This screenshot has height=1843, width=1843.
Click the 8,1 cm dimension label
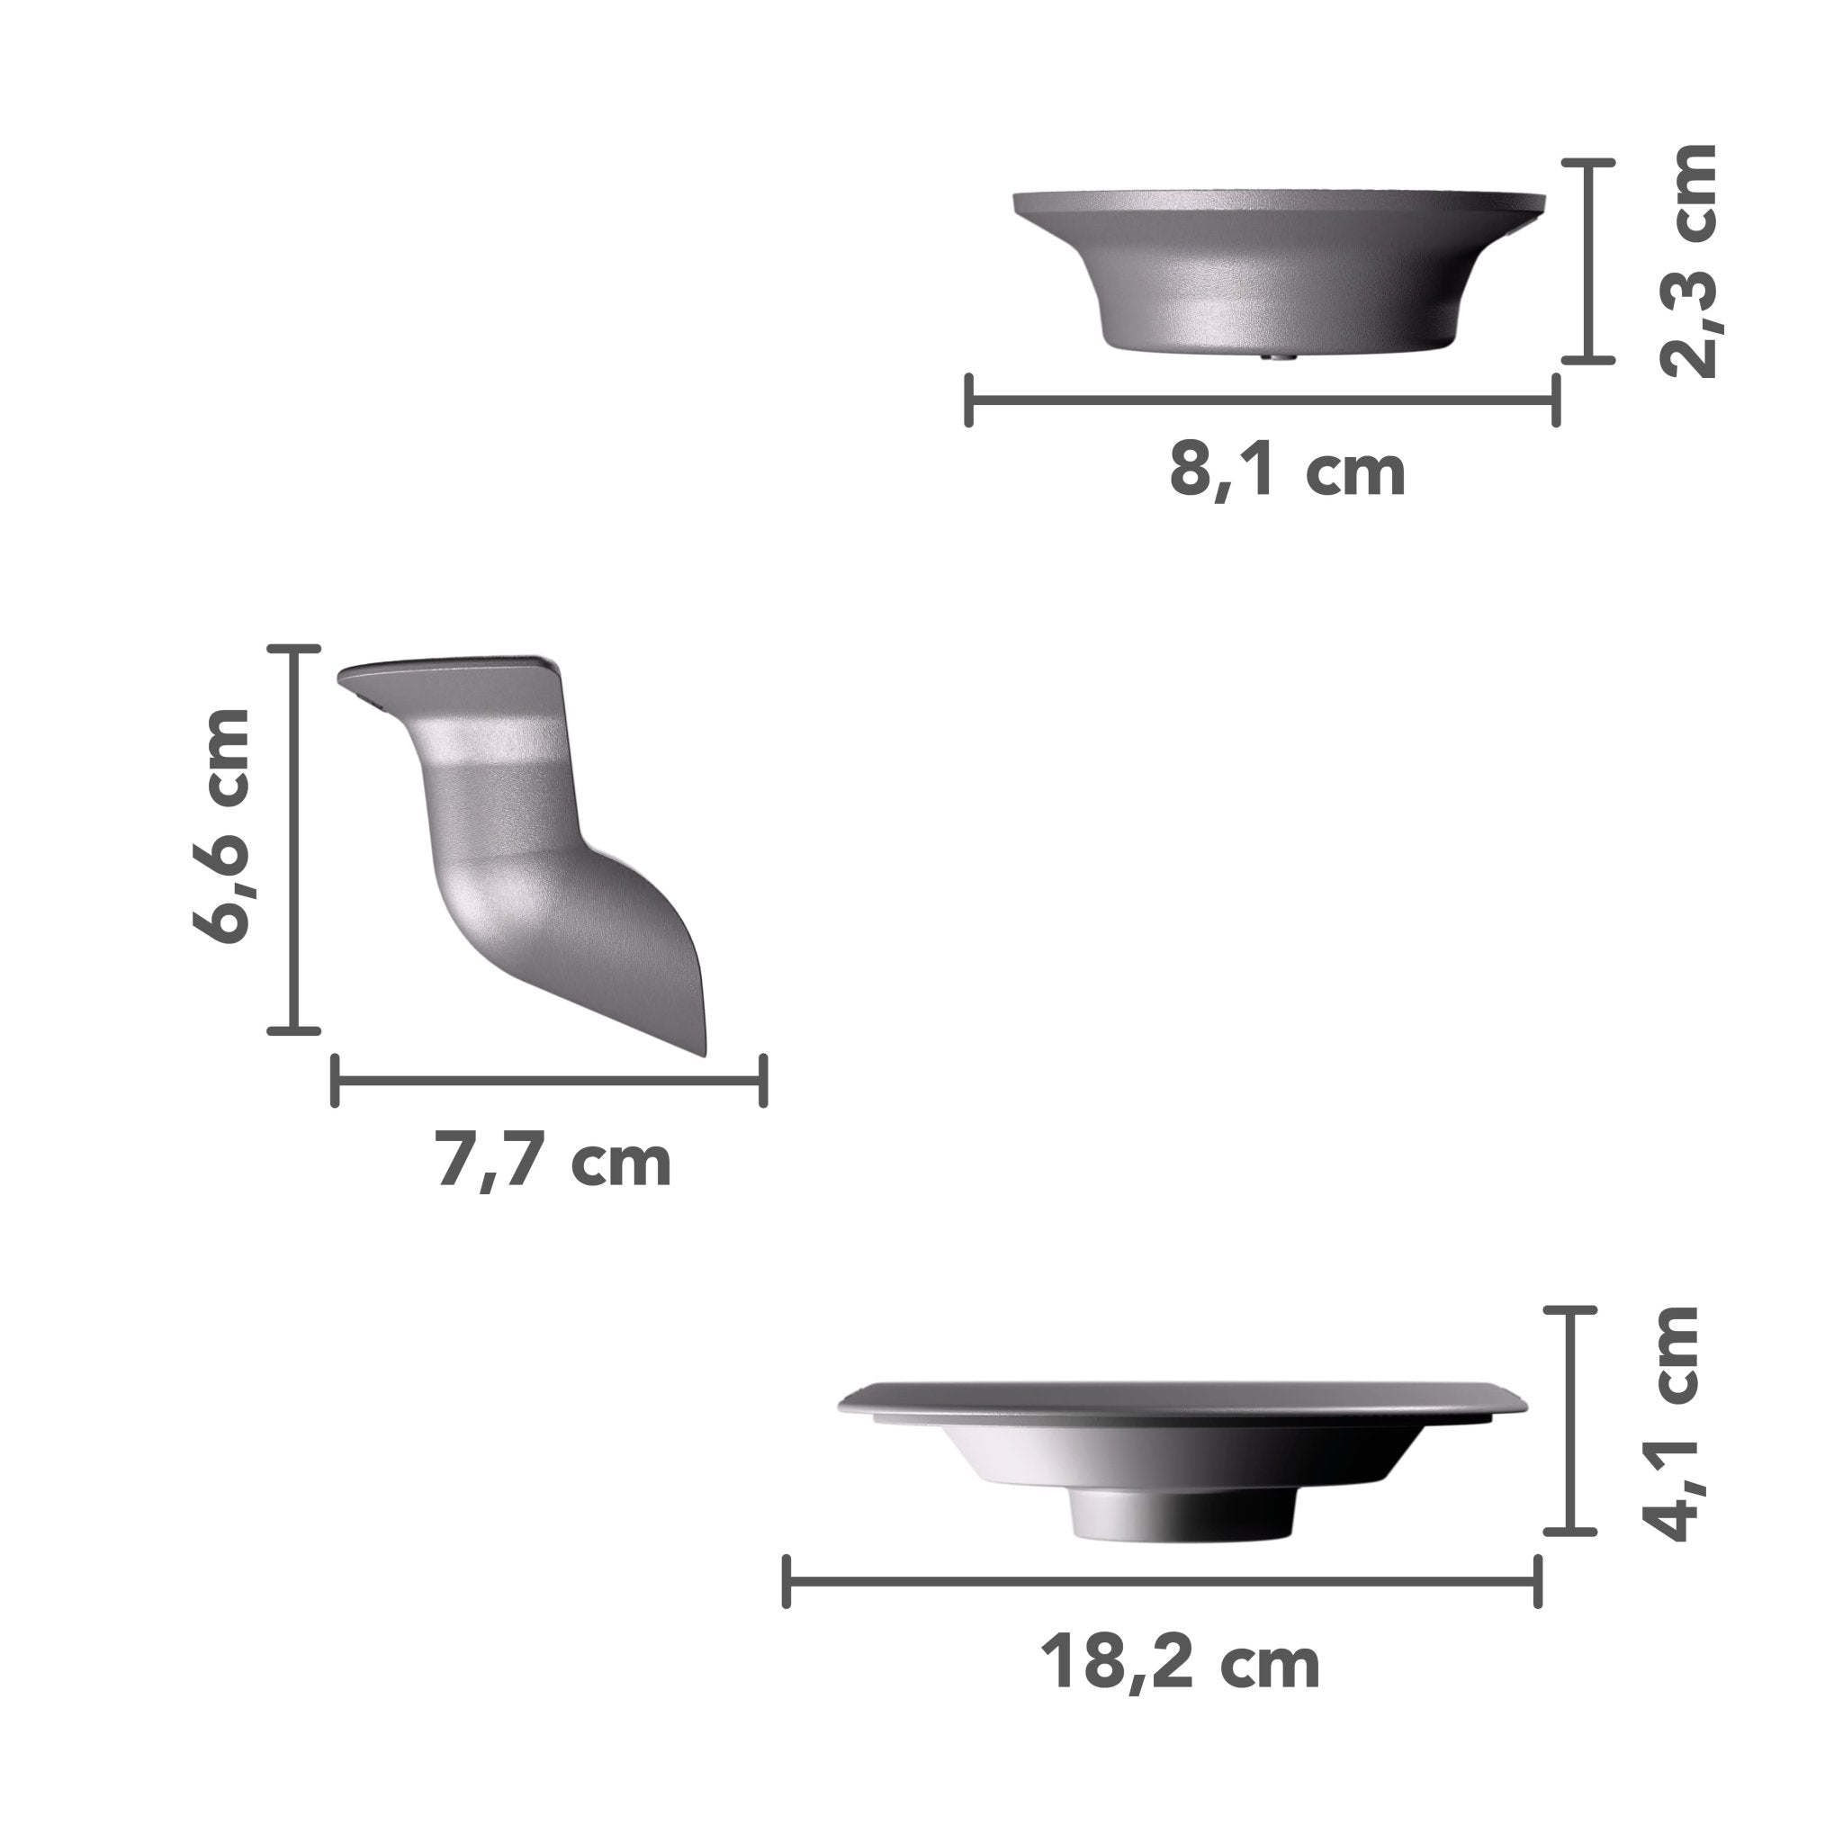(1287, 471)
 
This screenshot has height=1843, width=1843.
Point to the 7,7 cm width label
(553, 1160)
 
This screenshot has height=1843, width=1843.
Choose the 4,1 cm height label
(1675, 1421)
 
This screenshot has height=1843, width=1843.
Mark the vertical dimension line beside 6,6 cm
(293, 839)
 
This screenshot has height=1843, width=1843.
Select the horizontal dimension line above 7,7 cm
(549, 1081)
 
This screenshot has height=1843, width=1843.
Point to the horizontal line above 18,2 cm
(1162, 1580)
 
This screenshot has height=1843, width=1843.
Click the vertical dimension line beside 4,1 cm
(1570, 1420)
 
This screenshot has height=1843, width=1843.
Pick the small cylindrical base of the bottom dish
(1182, 1515)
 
